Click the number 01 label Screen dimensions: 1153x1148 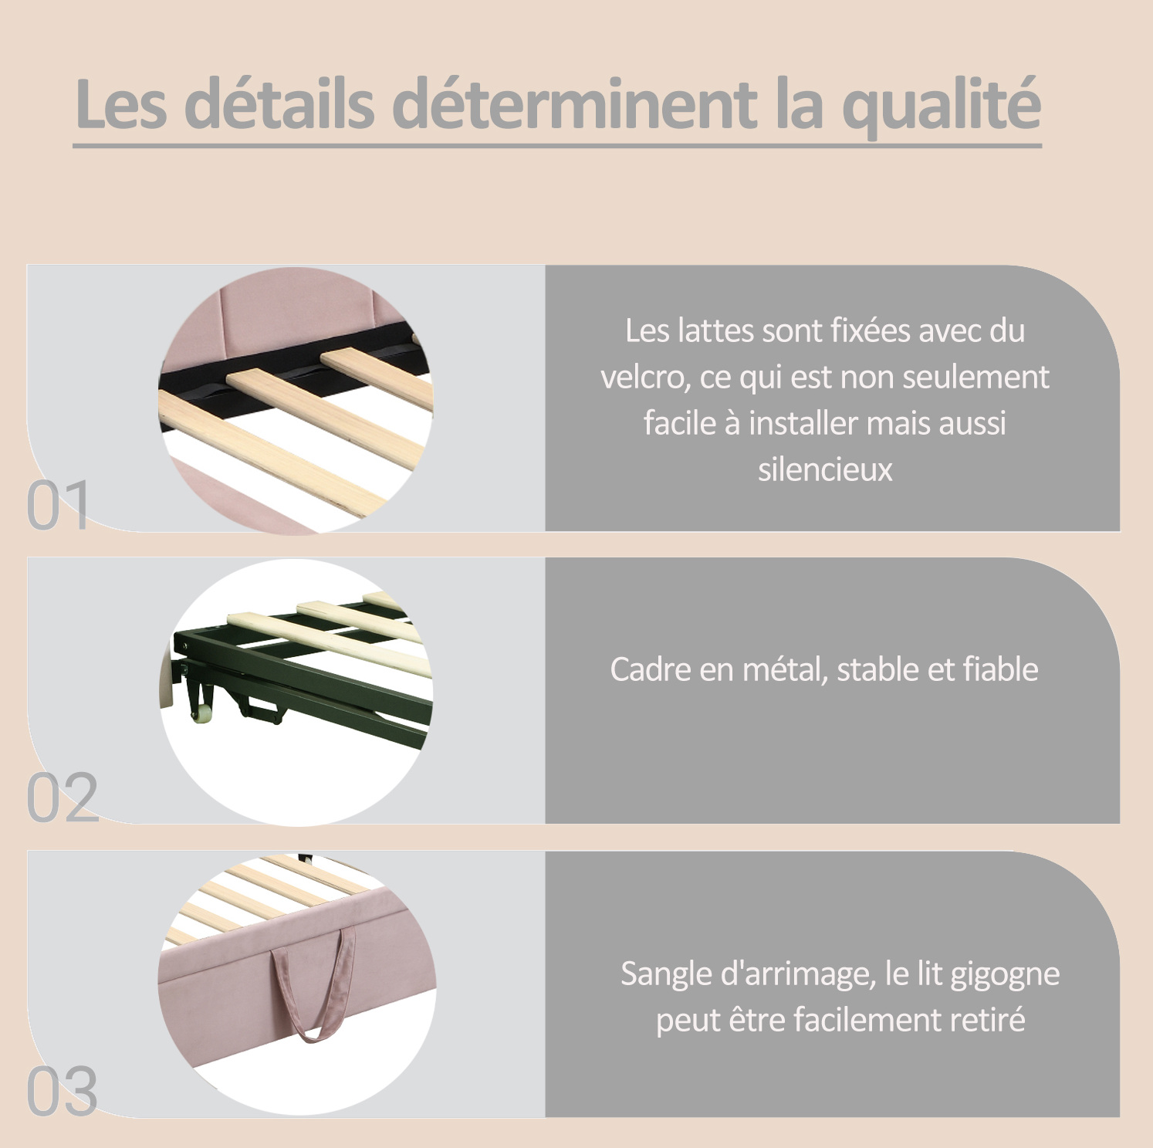(58, 506)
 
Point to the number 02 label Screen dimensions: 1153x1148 (63, 798)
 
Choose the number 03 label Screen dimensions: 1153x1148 (63, 1091)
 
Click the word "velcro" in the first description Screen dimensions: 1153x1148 (645, 378)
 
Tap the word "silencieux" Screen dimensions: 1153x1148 (825, 469)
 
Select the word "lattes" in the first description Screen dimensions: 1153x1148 (715, 330)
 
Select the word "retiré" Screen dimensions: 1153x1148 (987, 1020)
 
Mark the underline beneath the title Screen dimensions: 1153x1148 (557, 144)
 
